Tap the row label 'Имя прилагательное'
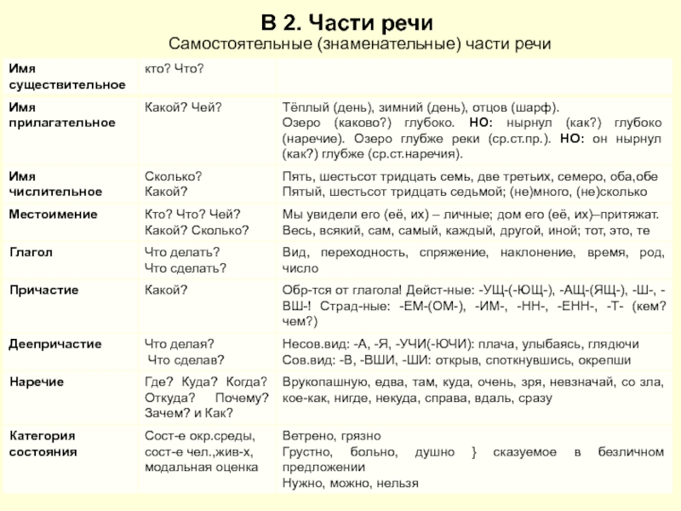(61, 115)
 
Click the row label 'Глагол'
(31, 253)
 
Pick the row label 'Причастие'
(43, 290)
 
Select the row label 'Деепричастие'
(55, 344)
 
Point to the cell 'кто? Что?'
(174, 67)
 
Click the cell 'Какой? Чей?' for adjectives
(183, 107)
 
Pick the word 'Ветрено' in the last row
(306, 436)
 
